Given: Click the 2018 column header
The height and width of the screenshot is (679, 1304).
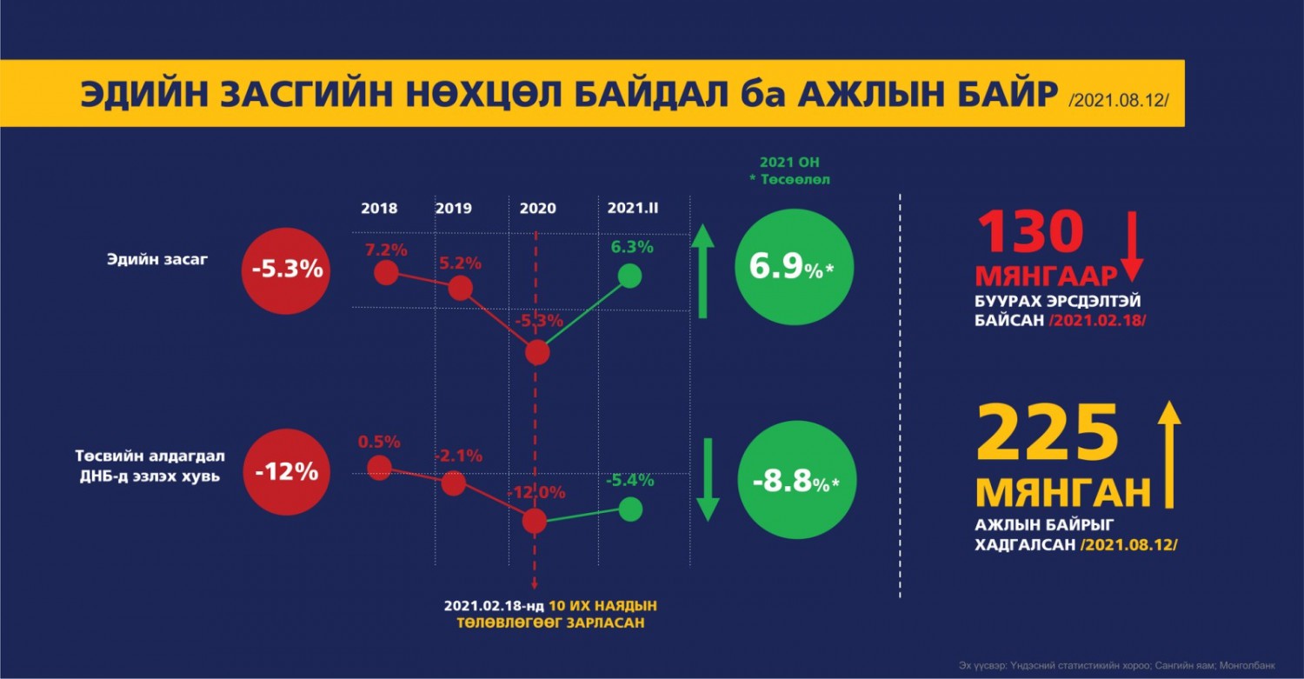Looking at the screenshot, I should click(x=379, y=209).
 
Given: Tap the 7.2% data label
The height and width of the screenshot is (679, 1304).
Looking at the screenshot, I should click(x=386, y=250).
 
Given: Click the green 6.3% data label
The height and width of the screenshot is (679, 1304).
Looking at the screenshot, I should click(x=632, y=247).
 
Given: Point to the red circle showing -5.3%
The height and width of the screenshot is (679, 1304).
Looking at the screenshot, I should click(x=287, y=269).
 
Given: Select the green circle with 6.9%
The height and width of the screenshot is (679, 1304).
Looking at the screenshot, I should click(x=790, y=268).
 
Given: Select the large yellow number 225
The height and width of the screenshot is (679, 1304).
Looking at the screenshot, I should click(x=1048, y=433).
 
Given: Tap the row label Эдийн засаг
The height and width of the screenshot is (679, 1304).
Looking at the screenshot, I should click(x=157, y=260).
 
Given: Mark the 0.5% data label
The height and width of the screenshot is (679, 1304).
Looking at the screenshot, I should click(x=379, y=442).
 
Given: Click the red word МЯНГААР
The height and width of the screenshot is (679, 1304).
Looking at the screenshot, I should click(x=1046, y=276).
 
